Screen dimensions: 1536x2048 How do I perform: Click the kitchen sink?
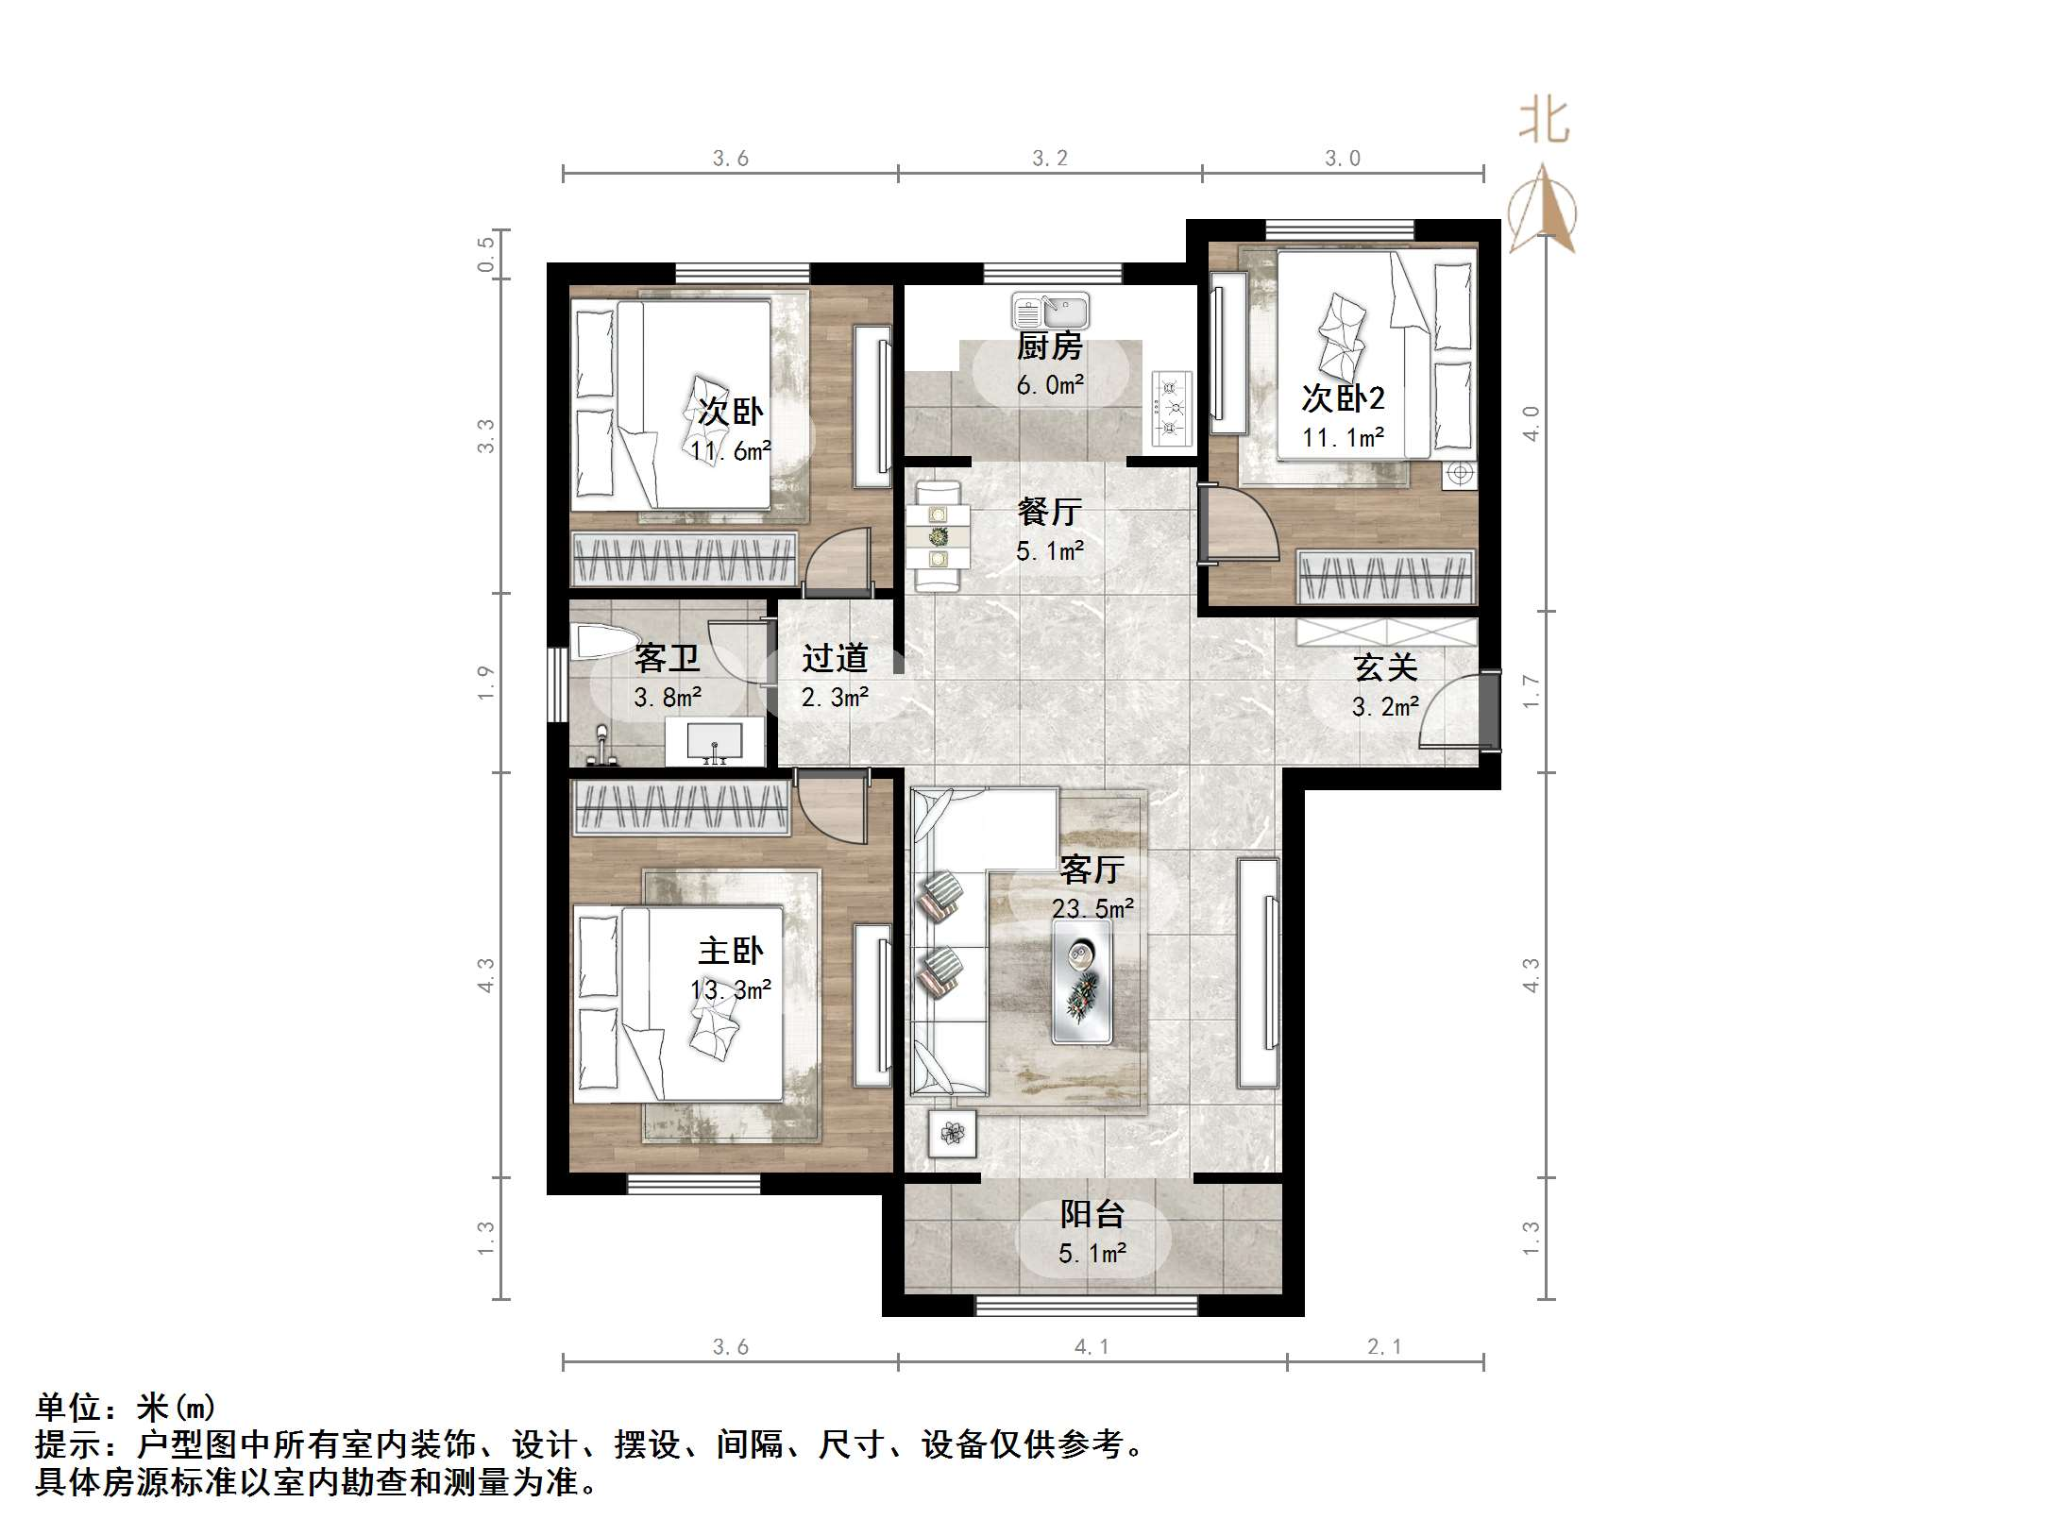1050,310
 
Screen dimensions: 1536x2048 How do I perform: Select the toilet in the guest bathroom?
603,641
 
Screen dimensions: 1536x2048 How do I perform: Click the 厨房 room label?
1049,346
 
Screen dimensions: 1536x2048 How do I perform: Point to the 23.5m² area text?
1092,908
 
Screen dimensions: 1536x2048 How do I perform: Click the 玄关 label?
1385,667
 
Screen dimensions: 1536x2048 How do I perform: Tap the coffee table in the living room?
1082,982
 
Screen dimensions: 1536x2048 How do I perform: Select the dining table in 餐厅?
938,536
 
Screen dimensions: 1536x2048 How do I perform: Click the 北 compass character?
1544,122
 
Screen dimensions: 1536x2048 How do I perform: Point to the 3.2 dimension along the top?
1049,159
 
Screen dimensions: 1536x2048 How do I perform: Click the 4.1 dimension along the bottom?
1092,1347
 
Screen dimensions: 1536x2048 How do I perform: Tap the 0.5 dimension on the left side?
485,254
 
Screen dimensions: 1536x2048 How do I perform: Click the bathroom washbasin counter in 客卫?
715,742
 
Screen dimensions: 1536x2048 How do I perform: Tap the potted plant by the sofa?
952,1133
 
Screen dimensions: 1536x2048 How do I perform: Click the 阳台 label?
1092,1214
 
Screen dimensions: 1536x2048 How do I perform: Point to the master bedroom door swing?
831,808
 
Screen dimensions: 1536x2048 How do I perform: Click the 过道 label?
835,658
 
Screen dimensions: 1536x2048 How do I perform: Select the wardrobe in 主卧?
681,808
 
